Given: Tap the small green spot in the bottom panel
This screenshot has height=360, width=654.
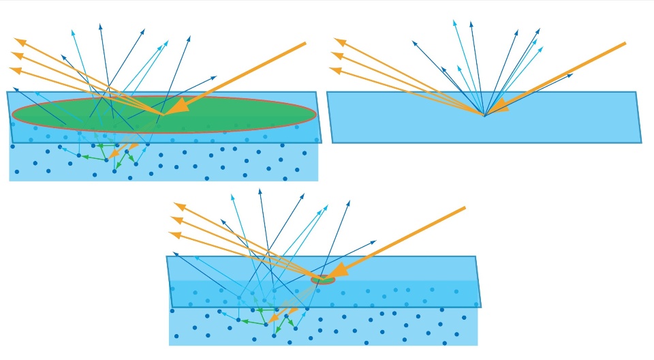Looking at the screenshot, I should pyautogui.click(x=323, y=280).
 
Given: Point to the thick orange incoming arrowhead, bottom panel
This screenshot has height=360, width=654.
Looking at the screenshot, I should pyautogui.click(x=337, y=271).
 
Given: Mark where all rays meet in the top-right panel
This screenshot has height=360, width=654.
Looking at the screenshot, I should pyautogui.click(x=484, y=116).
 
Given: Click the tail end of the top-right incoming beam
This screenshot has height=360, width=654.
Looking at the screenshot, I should pyautogui.click(x=625, y=43).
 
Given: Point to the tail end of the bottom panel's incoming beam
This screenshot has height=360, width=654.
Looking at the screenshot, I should pyautogui.click(x=465, y=207).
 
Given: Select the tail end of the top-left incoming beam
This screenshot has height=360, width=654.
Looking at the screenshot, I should pyautogui.click(x=305, y=43).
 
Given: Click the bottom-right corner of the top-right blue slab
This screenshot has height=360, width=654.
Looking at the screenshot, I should pyautogui.click(x=641, y=142).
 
